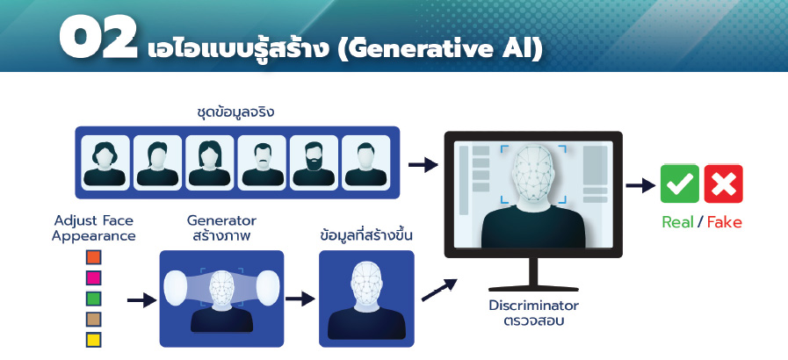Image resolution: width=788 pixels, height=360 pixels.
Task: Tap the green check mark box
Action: tap(679, 184)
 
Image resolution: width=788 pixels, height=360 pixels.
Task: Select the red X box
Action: tap(723, 184)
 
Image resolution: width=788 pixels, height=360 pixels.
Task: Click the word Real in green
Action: tap(677, 222)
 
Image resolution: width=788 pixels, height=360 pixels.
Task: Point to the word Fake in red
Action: tap(724, 222)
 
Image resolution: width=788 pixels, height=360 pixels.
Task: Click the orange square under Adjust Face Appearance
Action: tap(93, 257)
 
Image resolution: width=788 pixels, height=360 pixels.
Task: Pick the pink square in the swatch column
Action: tap(93, 277)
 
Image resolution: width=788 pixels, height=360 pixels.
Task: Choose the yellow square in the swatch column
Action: tap(93, 340)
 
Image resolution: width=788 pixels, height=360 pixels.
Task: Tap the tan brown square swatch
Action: tap(93, 320)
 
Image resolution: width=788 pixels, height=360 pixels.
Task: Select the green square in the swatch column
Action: tap(93, 299)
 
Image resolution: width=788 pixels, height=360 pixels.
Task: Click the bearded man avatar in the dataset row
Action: tap(314, 162)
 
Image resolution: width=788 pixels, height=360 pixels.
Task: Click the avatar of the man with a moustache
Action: tap(262, 162)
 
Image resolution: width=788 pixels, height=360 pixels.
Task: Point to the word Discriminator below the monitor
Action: tap(534, 306)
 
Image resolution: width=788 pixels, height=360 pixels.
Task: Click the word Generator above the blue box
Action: tap(221, 220)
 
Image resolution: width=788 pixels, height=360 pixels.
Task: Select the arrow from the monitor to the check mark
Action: tap(640, 186)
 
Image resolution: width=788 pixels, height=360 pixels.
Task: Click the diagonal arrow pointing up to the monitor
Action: tap(439, 290)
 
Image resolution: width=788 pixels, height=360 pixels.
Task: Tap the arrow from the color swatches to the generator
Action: tap(142, 300)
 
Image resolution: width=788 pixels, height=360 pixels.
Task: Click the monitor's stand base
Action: tap(533, 288)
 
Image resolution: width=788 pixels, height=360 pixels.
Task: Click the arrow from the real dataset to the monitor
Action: tap(423, 165)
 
